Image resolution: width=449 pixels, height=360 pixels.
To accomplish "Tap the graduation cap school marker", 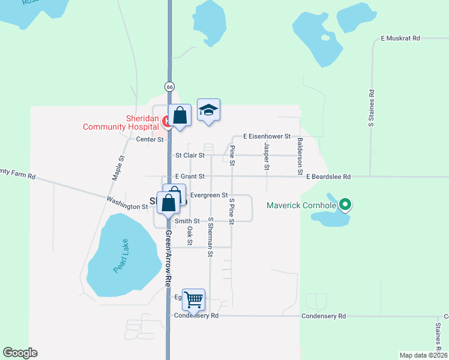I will point(208,110).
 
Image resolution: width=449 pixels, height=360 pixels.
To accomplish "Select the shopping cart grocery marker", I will point(193,299).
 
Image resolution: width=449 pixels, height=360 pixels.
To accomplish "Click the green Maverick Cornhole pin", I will point(345,206).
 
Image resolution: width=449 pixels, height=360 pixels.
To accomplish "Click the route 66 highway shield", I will point(170,86).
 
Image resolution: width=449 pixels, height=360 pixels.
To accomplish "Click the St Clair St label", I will point(190,155).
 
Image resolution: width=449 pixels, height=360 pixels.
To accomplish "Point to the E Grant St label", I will point(190,176).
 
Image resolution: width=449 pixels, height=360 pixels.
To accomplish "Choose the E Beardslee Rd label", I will point(328,177).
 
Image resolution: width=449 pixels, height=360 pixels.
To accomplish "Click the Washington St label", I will point(127,203).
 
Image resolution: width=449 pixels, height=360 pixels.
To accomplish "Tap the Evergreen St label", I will point(208,195).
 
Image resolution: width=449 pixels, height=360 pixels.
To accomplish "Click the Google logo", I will point(20,353).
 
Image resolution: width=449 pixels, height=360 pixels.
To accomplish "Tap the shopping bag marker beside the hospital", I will point(179,115).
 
